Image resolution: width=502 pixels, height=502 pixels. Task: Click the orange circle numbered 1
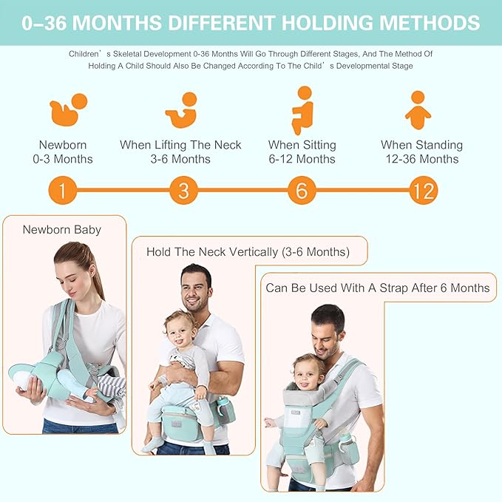coord(63,191)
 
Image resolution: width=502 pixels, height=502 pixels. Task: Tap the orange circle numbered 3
coord(183,191)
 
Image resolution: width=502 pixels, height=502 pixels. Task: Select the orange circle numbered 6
coord(301,191)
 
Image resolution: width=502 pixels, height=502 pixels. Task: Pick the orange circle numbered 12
coord(423,191)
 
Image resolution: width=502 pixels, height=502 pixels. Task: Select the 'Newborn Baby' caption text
coord(62,229)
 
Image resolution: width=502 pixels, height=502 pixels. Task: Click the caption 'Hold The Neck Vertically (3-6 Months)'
coord(248,251)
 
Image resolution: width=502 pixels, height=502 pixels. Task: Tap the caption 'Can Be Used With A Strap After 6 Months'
coord(377,288)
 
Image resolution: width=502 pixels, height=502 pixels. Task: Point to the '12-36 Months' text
coord(421,159)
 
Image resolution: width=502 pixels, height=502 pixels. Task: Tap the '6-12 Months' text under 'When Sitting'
coord(302,159)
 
